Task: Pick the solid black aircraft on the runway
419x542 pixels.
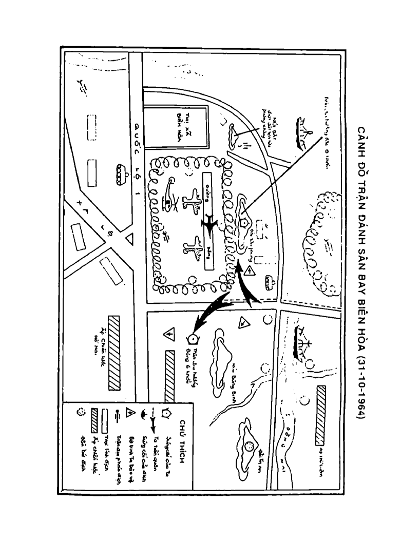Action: pyautogui.click(x=209, y=225)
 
